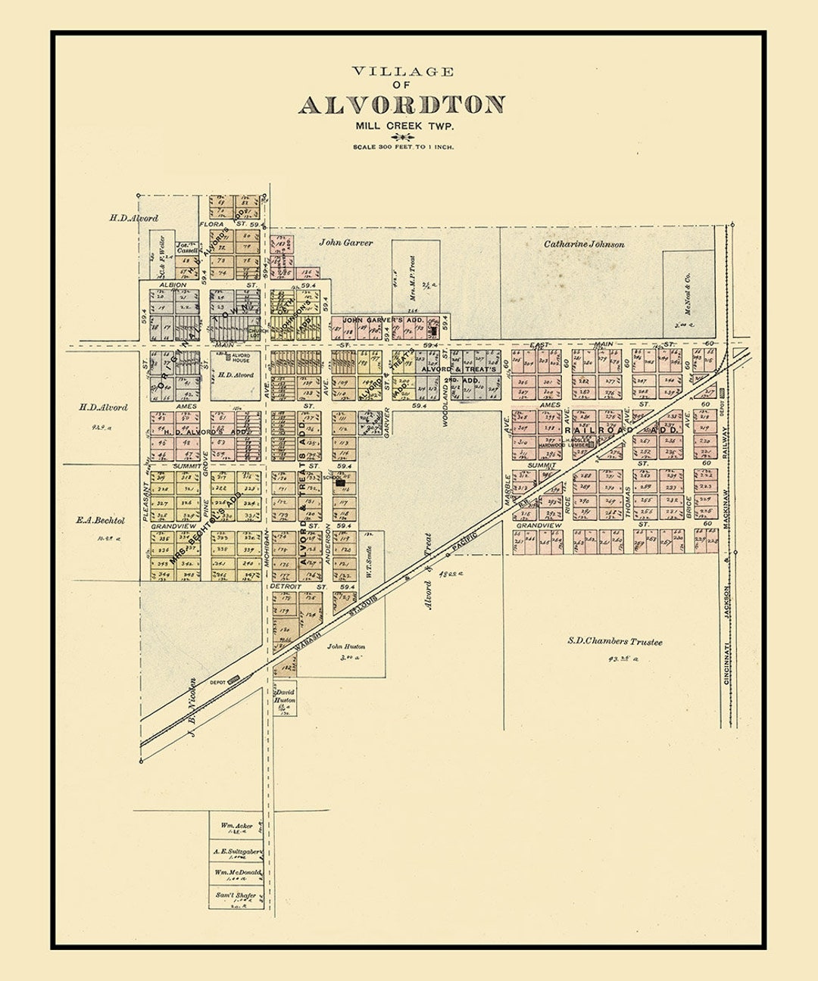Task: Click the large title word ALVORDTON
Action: pyautogui.click(x=401, y=104)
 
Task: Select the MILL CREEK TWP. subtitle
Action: pyautogui.click(x=402, y=126)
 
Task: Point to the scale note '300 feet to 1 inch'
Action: pyautogui.click(x=403, y=147)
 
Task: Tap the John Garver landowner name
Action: pyautogui.click(x=345, y=243)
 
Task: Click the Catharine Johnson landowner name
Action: pyautogui.click(x=584, y=244)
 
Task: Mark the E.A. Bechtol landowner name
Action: pyautogui.click(x=100, y=521)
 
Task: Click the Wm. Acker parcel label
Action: pyautogui.click(x=236, y=825)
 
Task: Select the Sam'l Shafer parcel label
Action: pyautogui.click(x=236, y=895)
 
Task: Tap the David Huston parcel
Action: pyautogui.click(x=285, y=696)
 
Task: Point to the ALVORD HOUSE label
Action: pyautogui.click(x=241, y=357)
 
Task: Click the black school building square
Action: pyautogui.click(x=341, y=481)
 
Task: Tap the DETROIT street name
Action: pyautogui.click(x=286, y=587)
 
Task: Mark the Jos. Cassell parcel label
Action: pyautogui.click(x=187, y=248)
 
